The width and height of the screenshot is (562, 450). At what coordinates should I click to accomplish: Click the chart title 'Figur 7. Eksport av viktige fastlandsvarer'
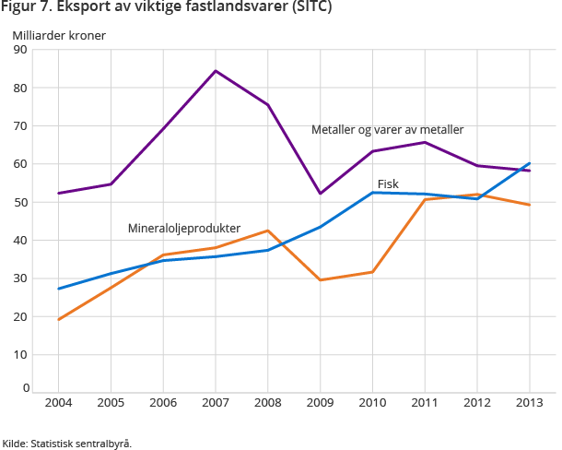pyautogui.click(x=167, y=8)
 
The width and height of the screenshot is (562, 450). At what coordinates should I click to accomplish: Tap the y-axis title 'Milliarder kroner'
pyautogui.click(x=59, y=36)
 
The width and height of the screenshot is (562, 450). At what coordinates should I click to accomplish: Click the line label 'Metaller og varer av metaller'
pyautogui.click(x=387, y=129)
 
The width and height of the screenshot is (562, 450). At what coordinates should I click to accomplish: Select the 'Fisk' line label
pyautogui.click(x=388, y=184)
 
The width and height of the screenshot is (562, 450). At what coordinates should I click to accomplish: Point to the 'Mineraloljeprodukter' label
pyautogui.click(x=184, y=228)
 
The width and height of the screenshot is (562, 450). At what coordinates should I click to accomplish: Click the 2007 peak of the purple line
pyautogui.click(x=216, y=71)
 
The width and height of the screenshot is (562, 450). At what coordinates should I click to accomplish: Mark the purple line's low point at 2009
pyautogui.click(x=321, y=193)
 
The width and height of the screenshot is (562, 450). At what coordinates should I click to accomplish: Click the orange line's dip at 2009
pyautogui.click(x=321, y=279)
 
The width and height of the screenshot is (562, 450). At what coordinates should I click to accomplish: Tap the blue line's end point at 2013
pyautogui.click(x=530, y=163)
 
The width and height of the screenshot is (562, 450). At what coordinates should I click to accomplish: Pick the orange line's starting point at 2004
pyautogui.click(x=58, y=319)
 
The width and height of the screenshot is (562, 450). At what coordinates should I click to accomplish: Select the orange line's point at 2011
pyautogui.click(x=425, y=199)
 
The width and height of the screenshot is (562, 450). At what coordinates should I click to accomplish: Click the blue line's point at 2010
pyautogui.click(x=373, y=192)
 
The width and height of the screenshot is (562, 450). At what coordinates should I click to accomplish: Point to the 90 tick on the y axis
pyautogui.click(x=20, y=50)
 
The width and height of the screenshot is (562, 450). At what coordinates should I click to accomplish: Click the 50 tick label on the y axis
pyautogui.click(x=20, y=202)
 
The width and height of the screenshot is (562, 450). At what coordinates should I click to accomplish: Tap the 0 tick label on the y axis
pyautogui.click(x=24, y=388)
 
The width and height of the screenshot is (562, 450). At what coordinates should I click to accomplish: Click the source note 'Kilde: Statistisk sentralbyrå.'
pyautogui.click(x=67, y=443)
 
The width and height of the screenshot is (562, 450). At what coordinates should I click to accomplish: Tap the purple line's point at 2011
pyautogui.click(x=425, y=142)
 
